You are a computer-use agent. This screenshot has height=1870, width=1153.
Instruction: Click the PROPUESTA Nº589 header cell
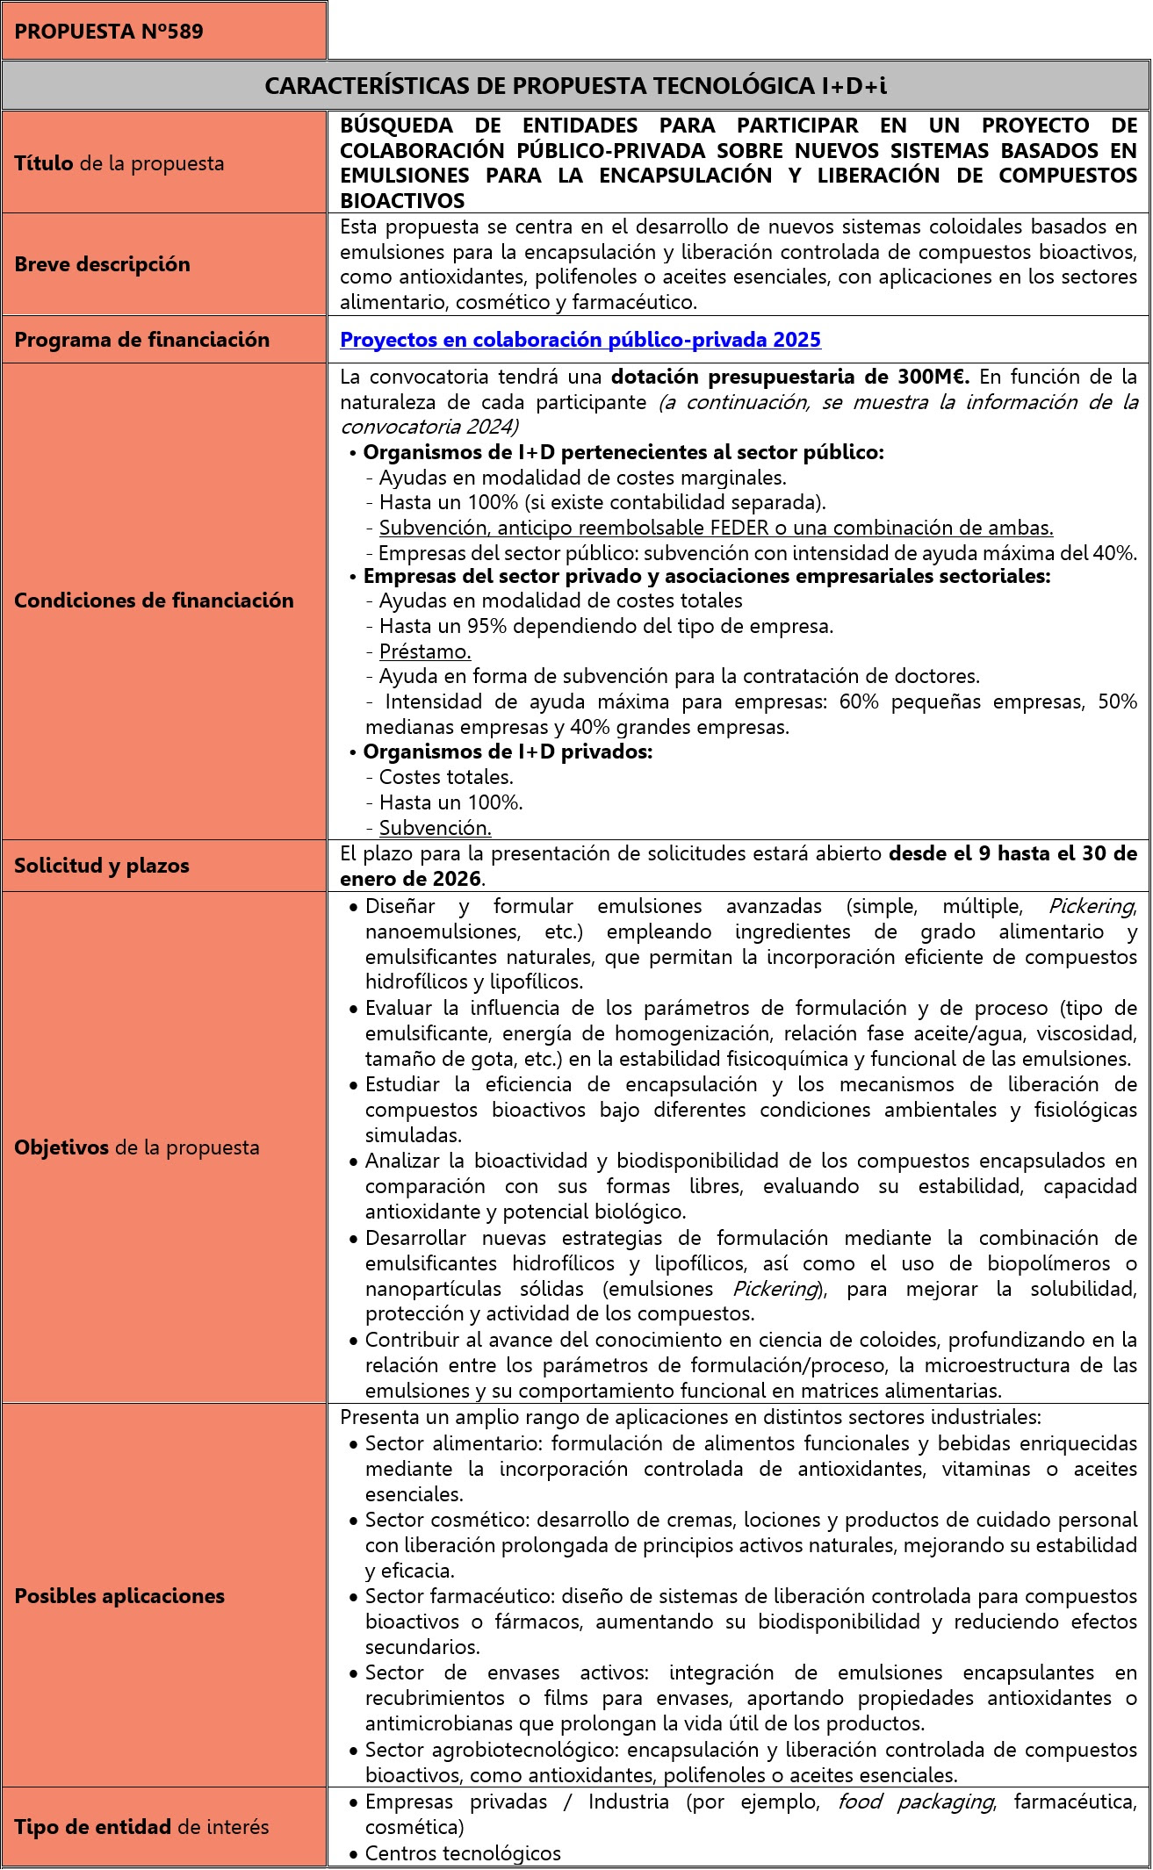(x=109, y=32)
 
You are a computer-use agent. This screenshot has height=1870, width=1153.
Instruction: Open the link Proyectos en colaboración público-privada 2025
(x=580, y=340)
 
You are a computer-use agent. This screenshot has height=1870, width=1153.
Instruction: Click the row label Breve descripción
(x=102, y=264)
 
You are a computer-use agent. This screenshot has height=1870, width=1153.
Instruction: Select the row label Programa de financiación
(x=141, y=340)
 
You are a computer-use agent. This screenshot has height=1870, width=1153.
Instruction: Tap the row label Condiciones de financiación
(x=154, y=601)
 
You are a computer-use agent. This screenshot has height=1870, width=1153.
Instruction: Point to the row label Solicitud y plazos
(x=101, y=866)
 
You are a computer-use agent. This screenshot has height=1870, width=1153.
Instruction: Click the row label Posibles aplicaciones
(x=119, y=1595)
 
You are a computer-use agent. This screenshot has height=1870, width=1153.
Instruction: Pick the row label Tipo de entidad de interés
(x=141, y=1827)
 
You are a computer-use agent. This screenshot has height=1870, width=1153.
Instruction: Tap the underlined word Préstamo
(x=425, y=651)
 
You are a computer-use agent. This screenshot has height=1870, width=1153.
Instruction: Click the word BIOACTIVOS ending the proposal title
(x=402, y=201)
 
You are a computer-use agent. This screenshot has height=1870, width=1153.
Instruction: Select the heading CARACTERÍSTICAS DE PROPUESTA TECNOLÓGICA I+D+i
(x=575, y=85)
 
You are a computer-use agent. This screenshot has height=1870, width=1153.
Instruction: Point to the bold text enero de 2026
(x=411, y=879)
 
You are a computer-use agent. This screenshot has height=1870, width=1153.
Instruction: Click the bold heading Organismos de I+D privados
(x=508, y=752)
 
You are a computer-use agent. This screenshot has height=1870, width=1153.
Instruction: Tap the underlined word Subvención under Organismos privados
(x=435, y=828)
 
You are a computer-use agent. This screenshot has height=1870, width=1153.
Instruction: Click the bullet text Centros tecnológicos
(x=463, y=1853)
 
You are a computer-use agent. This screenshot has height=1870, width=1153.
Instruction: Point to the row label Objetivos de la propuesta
(x=136, y=1147)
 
